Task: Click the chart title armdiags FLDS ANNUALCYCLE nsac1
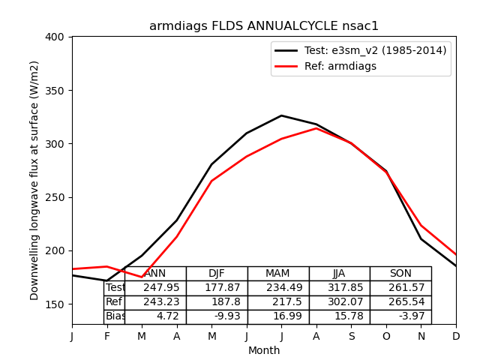point(264,26)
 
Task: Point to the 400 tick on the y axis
point(56,37)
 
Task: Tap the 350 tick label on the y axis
point(56,91)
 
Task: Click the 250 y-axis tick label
point(56,197)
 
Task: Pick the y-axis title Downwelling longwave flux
point(35,180)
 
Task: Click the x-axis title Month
point(264,350)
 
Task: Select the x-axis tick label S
point(351,337)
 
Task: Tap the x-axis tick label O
point(386,337)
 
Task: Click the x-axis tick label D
point(456,337)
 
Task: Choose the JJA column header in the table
point(339,274)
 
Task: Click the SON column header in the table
point(400,274)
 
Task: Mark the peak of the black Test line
point(281,115)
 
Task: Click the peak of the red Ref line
point(316,128)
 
